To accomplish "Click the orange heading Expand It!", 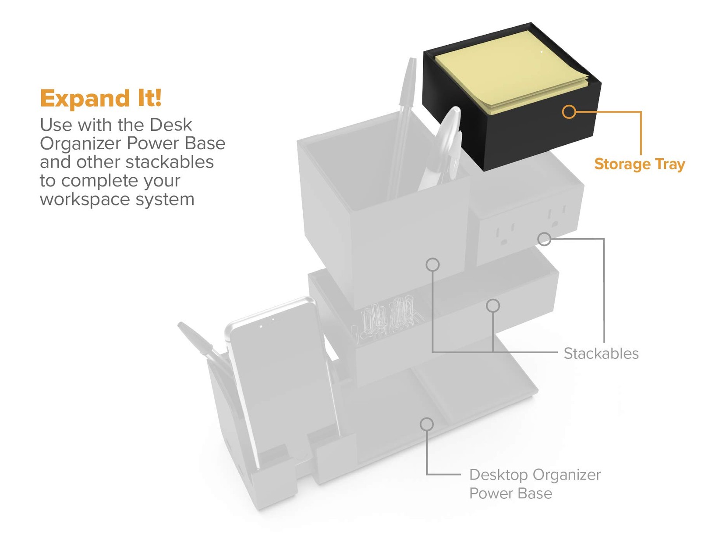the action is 101,98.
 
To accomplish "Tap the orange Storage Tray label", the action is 639,165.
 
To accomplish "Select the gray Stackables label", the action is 601,353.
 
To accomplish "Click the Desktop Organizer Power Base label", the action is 535,484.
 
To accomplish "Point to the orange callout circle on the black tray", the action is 569,112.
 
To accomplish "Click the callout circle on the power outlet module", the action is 544,239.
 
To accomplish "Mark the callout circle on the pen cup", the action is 432,265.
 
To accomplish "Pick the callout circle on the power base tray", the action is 427,424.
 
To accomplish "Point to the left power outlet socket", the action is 505,236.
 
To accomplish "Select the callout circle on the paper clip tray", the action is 493,305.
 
